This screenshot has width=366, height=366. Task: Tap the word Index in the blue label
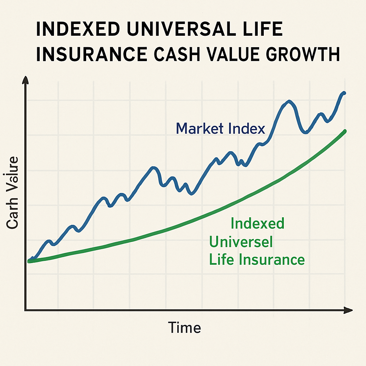[247, 129]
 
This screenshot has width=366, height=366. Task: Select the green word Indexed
[257, 224]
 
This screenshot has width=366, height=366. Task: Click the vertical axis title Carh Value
[13, 193]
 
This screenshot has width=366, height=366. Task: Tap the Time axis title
[184, 327]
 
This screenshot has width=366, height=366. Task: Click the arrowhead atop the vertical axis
[25, 80]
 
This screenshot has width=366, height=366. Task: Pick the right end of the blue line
[344, 93]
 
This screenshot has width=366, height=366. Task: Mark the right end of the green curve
[345, 131]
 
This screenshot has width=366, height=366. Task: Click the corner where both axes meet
[26, 310]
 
